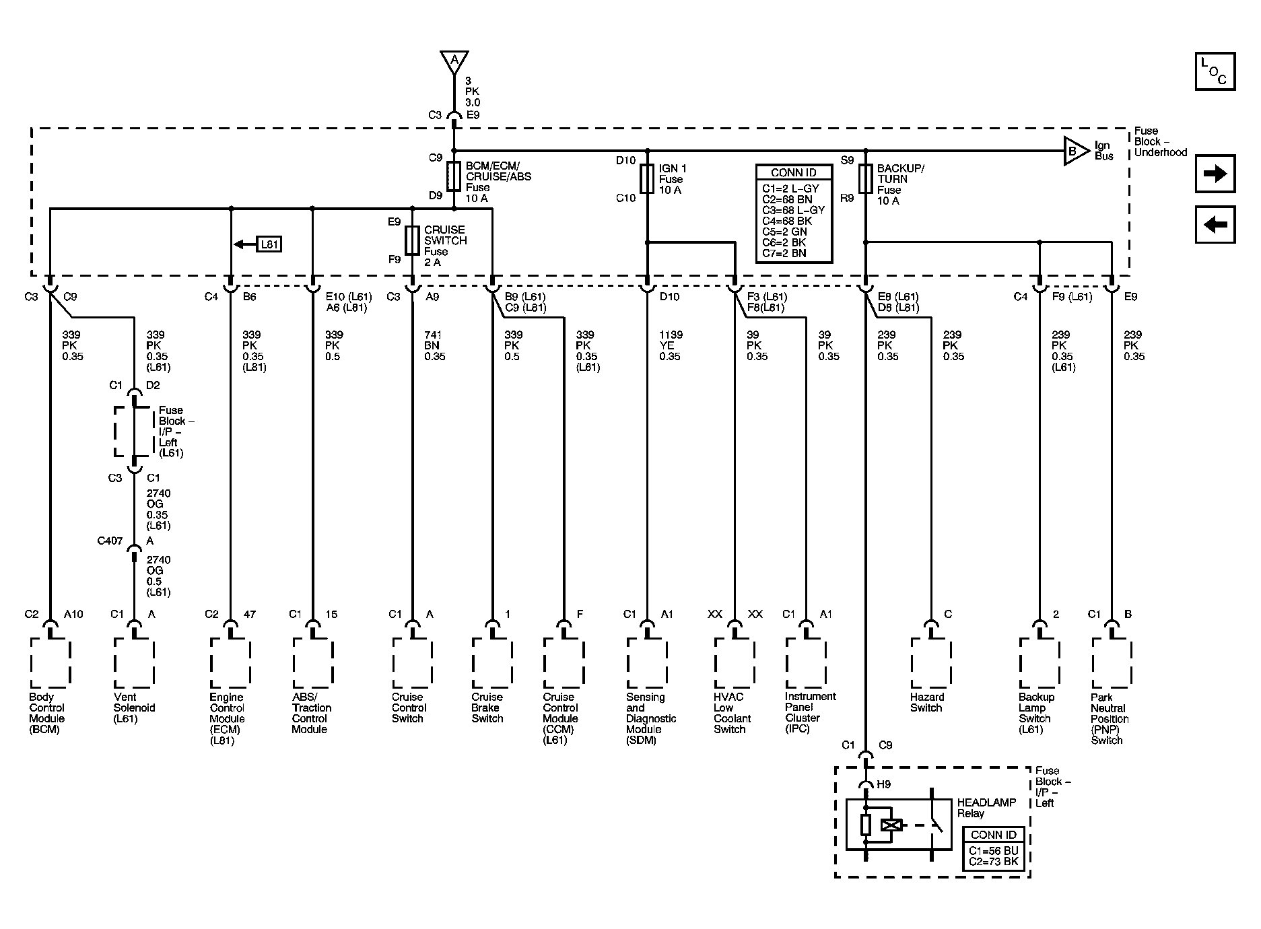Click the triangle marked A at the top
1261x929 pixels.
454,61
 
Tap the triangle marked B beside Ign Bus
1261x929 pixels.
1075,151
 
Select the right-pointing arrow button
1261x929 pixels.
1215,174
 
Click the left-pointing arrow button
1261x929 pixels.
1215,224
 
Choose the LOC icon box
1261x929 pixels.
1215,71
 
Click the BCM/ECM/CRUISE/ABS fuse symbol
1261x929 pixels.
454,176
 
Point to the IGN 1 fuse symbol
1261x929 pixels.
647,178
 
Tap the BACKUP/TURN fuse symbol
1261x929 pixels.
866,178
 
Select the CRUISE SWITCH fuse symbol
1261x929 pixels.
412,240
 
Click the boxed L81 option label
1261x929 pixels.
269,244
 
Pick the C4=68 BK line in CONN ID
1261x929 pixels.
793,221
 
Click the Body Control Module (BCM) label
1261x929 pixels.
47,714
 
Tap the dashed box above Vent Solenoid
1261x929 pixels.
135,663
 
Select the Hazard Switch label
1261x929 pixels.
927,703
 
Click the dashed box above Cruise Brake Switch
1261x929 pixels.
492,663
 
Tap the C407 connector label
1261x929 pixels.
110,541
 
